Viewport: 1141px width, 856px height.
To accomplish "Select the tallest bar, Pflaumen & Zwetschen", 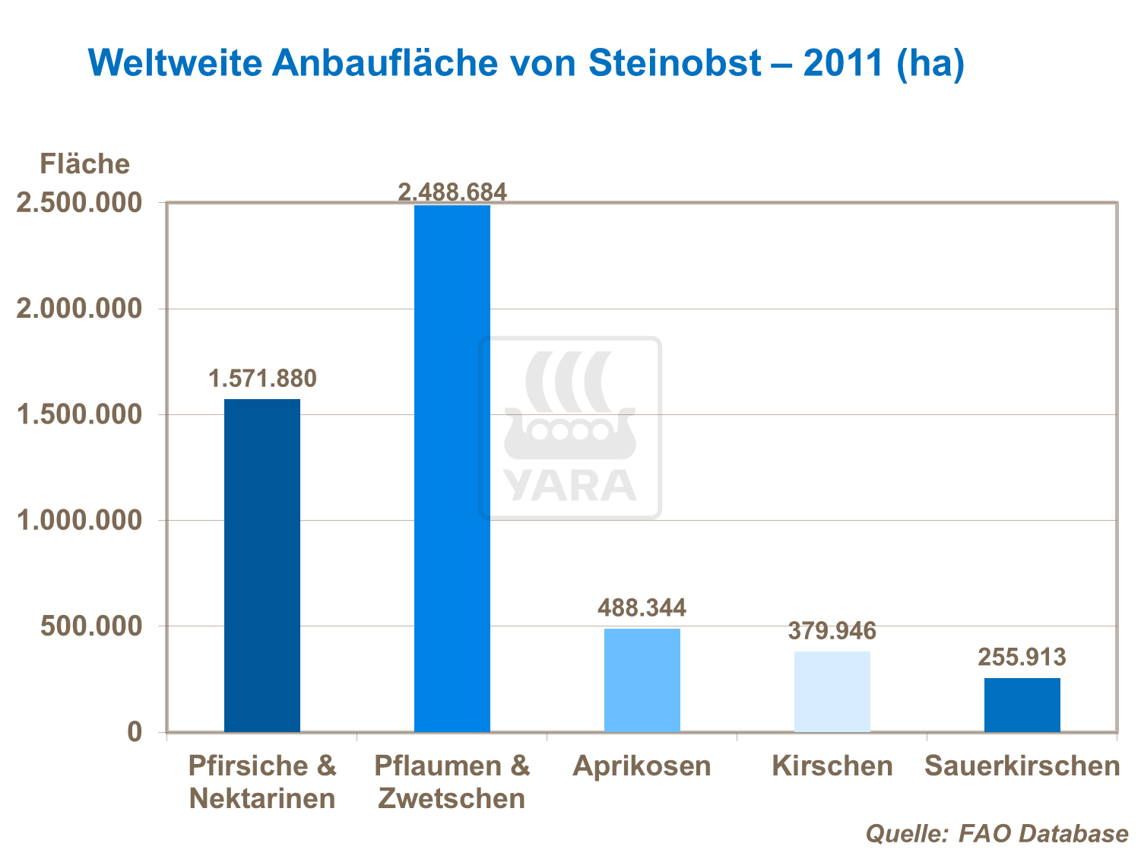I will tap(452, 468).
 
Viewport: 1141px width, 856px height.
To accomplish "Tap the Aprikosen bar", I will tap(642, 680).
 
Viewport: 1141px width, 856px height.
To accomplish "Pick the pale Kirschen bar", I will tap(832, 691).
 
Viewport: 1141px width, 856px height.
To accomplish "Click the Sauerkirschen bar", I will tap(1022, 705).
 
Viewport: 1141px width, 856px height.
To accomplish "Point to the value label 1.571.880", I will tap(262, 378).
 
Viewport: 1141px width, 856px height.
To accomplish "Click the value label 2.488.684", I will tap(452, 192).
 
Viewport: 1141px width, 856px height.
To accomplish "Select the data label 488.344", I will tap(642, 607).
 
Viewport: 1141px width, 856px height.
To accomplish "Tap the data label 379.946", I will tap(832, 630).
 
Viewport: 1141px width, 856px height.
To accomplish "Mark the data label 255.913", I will tap(1022, 657).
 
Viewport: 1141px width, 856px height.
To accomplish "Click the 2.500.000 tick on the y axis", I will tap(80, 203).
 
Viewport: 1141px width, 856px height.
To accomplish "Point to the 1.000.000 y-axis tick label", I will tap(80, 521).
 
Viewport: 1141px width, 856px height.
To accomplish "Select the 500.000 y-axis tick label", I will tap(91, 626).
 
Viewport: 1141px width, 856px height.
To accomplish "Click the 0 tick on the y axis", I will tap(135, 732).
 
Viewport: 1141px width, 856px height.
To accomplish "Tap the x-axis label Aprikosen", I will tap(642, 766).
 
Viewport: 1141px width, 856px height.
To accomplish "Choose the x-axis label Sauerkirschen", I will tap(1022, 766).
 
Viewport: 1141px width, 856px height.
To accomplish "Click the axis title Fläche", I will tap(84, 163).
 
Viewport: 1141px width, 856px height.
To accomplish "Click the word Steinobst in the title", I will tap(675, 62).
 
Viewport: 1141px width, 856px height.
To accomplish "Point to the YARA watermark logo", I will tap(570, 428).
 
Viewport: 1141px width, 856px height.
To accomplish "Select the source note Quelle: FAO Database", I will tap(997, 833).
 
